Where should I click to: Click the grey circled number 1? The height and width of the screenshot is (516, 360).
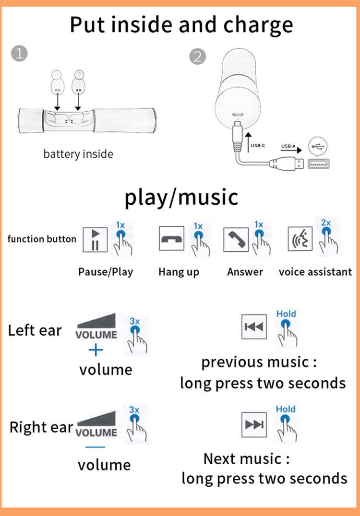click(19, 53)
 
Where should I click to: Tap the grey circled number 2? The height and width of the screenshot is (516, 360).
click(197, 57)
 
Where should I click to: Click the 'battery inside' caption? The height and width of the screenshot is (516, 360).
click(78, 154)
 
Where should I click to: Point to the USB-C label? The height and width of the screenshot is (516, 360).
click(258, 145)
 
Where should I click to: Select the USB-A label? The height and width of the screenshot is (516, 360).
click(288, 146)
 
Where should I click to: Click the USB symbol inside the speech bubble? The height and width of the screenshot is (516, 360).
click(317, 146)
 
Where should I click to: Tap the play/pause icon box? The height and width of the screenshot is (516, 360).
click(95, 240)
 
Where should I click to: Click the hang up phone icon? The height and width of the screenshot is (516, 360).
click(171, 239)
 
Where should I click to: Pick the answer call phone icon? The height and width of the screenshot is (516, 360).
click(236, 240)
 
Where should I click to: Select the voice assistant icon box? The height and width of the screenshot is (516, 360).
click(300, 239)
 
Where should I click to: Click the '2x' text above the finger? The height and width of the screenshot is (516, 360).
click(326, 223)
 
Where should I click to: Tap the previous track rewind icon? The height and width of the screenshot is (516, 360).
click(254, 327)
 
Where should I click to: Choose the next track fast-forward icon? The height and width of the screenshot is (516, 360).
click(254, 424)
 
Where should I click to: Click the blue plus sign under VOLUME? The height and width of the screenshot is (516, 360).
click(96, 350)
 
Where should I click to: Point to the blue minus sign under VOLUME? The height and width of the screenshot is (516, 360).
click(95, 447)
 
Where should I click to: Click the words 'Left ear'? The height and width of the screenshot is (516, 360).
click(35, 330)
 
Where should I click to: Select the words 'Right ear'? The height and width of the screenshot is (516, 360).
click(41, 427)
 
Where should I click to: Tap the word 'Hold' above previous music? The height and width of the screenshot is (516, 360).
click(286, 314)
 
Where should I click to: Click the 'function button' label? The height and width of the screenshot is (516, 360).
click(42, 239)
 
